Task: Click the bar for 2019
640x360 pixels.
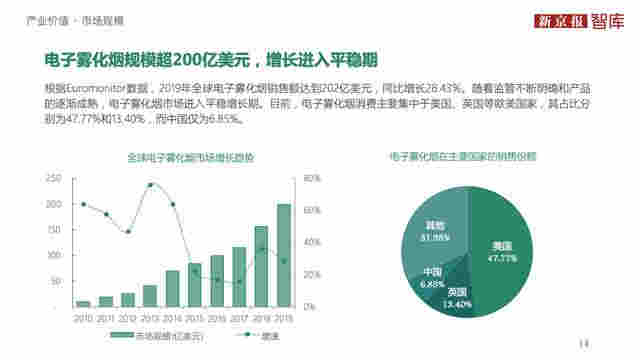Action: coord(284,256)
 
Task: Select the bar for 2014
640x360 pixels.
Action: coord(172,288)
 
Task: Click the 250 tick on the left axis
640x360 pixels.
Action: coord(53,178)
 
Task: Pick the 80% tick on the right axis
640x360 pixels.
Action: coord(311,178)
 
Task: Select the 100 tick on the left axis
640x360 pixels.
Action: coord(53,255)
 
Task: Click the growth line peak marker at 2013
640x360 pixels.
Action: coord(150,185)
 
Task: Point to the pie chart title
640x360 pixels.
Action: coord(462,158)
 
